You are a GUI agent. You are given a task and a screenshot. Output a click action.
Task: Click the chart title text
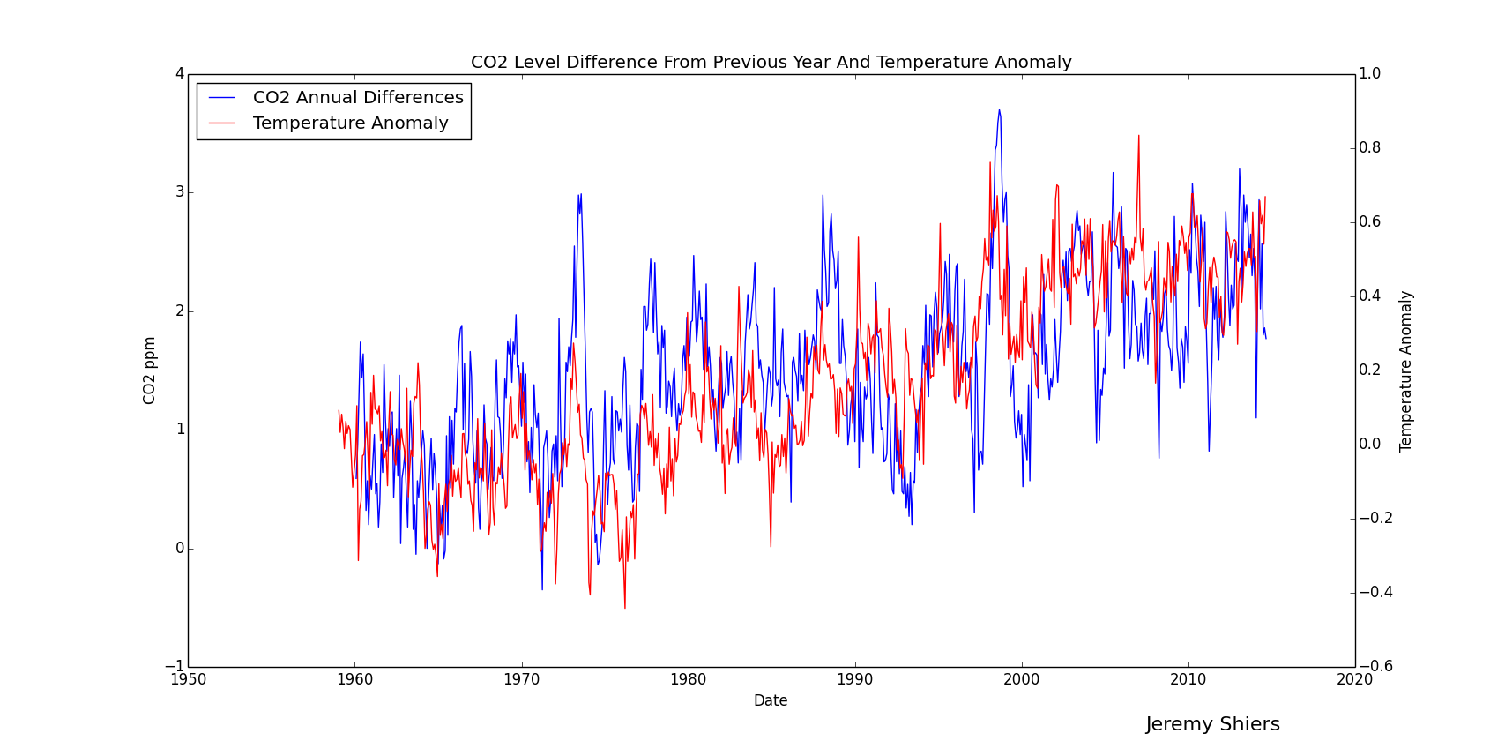[771, 63]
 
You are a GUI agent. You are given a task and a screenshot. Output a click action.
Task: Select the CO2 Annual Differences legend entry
[357, 98]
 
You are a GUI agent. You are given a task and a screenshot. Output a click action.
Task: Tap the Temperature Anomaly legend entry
[350, 123]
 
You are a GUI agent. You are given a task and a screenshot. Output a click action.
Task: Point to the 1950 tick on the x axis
[188, 680]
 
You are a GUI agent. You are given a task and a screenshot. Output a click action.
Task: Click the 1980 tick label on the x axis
[688, 680]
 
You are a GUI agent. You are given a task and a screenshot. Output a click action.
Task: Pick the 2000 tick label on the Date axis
[1022, 680]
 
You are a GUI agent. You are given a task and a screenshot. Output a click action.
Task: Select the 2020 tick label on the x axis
[1355, 680]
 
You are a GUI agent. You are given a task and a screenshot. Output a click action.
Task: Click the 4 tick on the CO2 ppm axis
[180, 74]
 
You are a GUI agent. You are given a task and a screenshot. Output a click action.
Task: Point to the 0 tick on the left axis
[180, 549]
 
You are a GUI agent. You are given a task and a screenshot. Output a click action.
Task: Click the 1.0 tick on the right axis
[1369, 74]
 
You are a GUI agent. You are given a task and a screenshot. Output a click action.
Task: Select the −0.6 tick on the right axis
[1375, 667]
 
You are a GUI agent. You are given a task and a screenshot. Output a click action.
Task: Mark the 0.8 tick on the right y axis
[1369, 148]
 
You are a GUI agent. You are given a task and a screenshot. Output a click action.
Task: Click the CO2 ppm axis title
[150, 370]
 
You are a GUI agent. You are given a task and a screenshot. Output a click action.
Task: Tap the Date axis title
[771, 701]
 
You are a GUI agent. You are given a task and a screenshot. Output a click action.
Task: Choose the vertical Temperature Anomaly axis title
[1405, 370]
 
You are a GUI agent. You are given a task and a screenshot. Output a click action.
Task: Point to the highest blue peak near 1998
[999, 110]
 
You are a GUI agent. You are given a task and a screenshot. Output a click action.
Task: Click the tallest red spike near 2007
[1138, 136]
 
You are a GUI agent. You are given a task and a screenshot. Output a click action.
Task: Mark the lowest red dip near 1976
[625, 608]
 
